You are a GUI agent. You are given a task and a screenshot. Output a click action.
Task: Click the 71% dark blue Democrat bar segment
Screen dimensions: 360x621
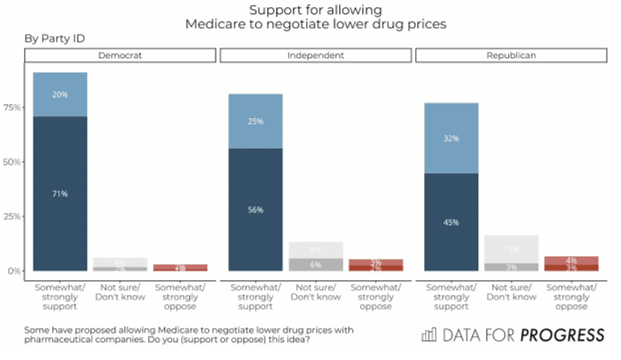[x=60, y=193]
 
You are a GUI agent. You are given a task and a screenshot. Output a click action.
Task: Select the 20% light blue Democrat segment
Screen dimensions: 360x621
[x=60, y=94]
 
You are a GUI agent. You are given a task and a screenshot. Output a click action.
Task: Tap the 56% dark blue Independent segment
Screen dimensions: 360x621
[x=255, y=210]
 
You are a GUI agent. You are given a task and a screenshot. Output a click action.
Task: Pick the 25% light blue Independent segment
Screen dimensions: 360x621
[x=255, y=121]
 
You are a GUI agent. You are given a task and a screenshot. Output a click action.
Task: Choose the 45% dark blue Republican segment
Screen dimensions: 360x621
[x=451, y=222]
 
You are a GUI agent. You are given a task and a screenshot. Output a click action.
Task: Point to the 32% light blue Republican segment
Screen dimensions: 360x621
[x=451, y=138]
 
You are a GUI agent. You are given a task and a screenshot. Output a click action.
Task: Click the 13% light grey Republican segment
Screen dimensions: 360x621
[x=511, y=249]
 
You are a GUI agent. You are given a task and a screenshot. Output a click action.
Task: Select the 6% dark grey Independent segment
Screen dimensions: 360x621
[x=316, y=264]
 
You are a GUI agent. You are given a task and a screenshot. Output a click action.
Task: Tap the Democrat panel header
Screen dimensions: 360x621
[x=120, y=56]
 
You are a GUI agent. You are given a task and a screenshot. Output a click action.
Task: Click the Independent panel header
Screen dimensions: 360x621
[x=316, y=56]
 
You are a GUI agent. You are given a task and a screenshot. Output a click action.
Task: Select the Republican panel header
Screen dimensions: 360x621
[x=511, y=56]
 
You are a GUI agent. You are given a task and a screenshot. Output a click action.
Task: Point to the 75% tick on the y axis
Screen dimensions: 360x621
[x=11, y=108]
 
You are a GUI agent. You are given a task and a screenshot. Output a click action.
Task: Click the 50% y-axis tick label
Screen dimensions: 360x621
[x=11, y=162]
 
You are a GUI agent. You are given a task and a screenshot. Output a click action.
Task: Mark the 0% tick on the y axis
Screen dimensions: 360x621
[x=13, y=271]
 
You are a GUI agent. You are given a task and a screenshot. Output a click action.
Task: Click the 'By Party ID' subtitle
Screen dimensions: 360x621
[x=54, y=39]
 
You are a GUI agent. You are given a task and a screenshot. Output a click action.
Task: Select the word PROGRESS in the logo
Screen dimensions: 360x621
[x=562, y=335]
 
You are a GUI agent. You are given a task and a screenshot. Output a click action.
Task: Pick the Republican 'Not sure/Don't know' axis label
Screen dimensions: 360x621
[x=511, y=292]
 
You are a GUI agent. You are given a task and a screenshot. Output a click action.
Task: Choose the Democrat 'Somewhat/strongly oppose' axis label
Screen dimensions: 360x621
[x=179, y=297]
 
